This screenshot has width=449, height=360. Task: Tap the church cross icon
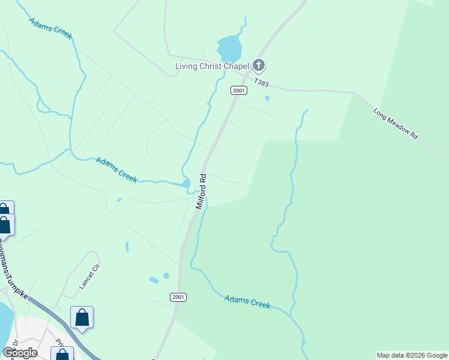(259, 65)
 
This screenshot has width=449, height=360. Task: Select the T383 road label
(261, 82)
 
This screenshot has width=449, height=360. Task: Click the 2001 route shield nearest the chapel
(239, 90)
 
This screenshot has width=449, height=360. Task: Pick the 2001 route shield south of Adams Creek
(178, 297)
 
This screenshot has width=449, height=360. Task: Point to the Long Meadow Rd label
(396, 124)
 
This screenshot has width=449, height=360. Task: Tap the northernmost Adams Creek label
(50, 28)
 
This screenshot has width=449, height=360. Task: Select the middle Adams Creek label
(117, 169)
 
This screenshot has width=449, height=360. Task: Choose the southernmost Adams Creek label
(247, 302)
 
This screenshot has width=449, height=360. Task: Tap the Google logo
(20, 353)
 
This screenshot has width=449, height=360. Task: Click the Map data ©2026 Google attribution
(412, 355)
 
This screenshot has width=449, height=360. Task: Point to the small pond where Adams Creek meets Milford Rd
(186, 183)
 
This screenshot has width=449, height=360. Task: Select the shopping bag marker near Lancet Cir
(82, 317)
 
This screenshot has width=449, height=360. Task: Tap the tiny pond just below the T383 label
(267, 98)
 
